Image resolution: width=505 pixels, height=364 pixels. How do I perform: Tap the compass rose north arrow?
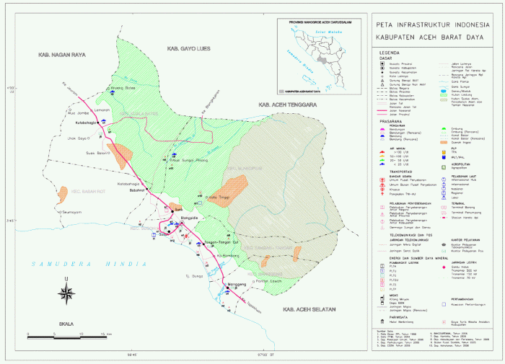pyautogui.click(x=66, y=291)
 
